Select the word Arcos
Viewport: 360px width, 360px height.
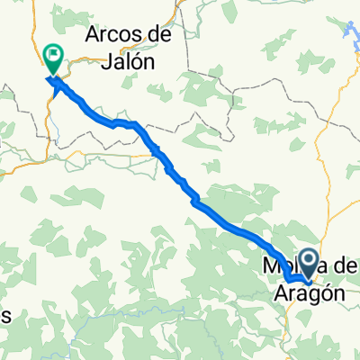(x=114, y=38)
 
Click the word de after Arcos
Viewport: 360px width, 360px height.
(x=161, y=38)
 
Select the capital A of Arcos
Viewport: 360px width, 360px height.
(x=94, y=38)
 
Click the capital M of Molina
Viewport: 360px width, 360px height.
(x=268, y=267)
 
